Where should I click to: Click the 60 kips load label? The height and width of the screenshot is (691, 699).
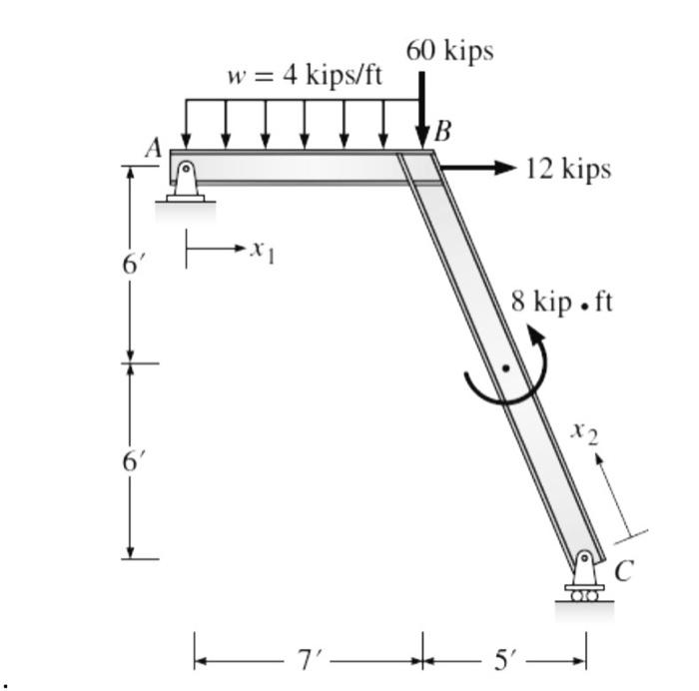[x=448, y=52]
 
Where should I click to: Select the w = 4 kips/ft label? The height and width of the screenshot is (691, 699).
[x=305, y=77]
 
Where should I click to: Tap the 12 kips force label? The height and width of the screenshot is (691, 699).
[x=567, y=169]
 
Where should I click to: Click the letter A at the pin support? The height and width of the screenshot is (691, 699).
[x=153, y=149]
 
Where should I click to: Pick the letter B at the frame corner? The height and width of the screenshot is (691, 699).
[x=442, y=132]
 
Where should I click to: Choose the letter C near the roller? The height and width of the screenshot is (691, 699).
[x=623, y=571]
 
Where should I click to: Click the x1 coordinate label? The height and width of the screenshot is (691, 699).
[x=263, y=250]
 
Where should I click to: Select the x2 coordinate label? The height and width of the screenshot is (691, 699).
[x=585, y=431]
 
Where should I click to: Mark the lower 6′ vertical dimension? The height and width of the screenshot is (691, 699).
[x=131, y=460]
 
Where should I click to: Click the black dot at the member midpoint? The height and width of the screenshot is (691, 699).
[x=505, y=367]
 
